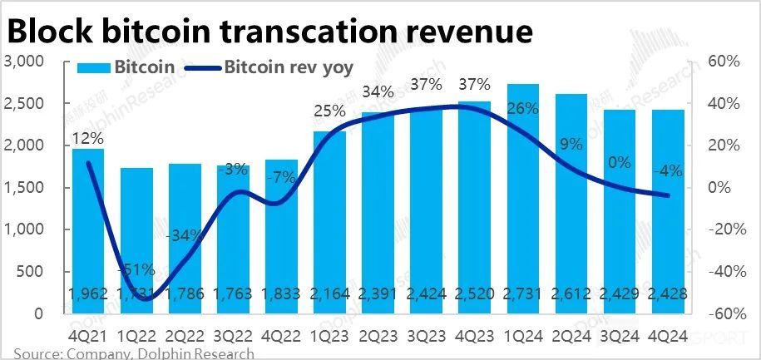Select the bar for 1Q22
(136, 241)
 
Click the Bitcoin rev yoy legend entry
(288, 67)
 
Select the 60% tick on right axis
(723, 62)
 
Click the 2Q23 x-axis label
(378, 338)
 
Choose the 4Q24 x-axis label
(667, 338)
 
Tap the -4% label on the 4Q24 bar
(667, 171)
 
